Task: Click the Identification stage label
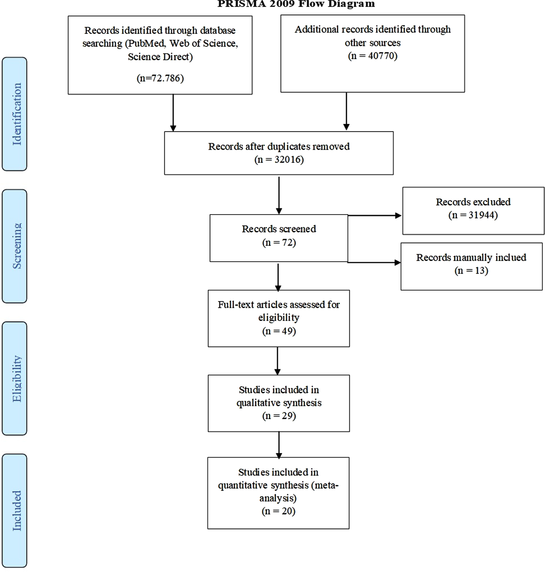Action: point(17,114)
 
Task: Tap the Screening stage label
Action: point(17,246)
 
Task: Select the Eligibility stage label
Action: point(17,378)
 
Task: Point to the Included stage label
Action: point(17,511)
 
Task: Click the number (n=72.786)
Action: point(160,78)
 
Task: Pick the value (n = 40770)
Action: point(372,56)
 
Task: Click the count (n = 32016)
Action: point(279,159)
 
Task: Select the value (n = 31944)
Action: point(473,215)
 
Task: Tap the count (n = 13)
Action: point(471,271)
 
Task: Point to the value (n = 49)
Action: point(279,331)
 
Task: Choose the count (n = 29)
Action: point(279,416)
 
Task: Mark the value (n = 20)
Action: point(278,511)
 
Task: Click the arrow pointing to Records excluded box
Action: point(374,216)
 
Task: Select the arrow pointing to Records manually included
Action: point(374,262)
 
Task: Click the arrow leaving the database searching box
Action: point(173,113)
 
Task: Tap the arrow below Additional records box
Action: point(346,111)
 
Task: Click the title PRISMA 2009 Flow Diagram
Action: point(296,4)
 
